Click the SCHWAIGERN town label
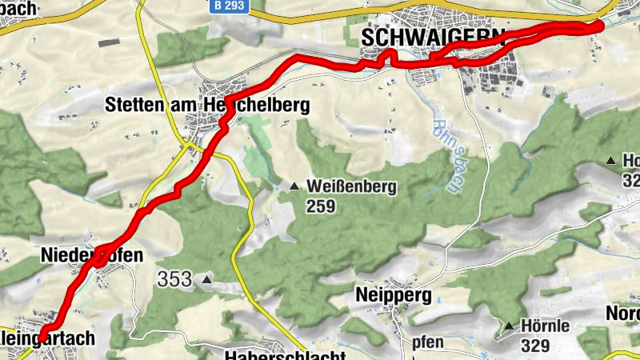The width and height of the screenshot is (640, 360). tap(433, 37)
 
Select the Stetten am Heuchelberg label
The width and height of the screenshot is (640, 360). tap(207, 105)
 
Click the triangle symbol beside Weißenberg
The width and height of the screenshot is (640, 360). tap(294, 187)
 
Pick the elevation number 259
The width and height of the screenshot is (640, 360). tap(320, 206)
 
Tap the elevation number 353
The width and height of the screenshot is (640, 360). tap(174, 279)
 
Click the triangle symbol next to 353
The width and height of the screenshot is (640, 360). tap(207, 280)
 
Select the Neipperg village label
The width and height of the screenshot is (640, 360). tap(394, 295)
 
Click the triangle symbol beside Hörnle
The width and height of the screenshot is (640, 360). tap(509, 326)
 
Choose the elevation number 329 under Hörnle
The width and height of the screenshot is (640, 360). tap(534, 346)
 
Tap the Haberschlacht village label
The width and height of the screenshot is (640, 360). tap(285, 355)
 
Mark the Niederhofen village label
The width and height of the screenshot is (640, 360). tap(91, 256)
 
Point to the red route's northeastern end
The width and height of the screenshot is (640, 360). tap(599, 26)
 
